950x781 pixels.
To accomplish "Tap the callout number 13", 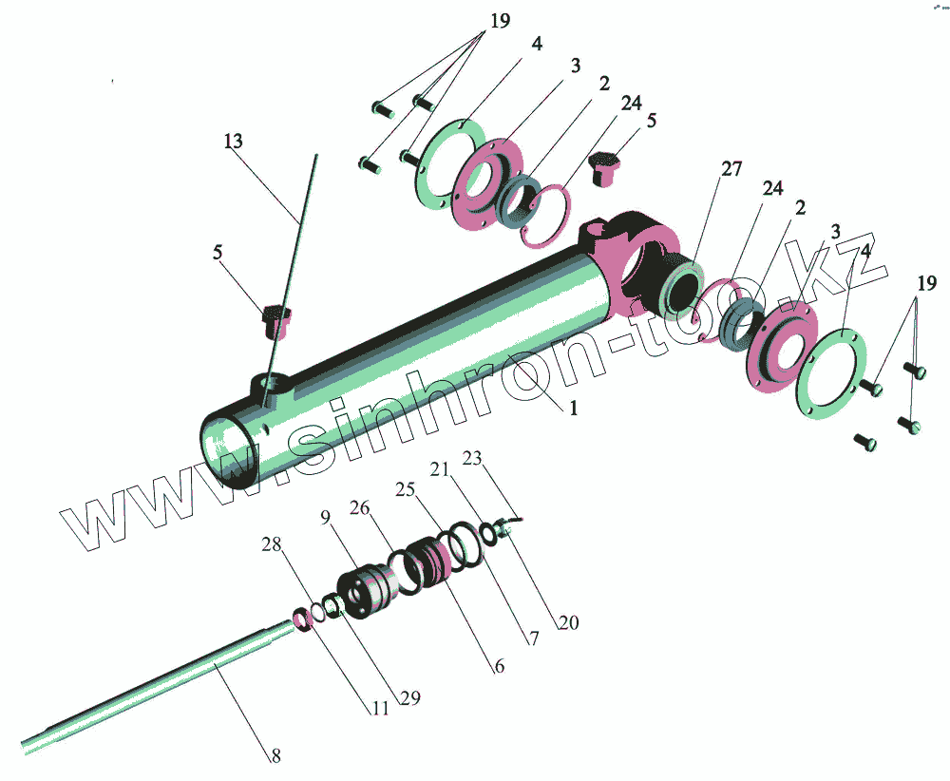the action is click(233, 142).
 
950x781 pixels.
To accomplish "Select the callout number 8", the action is click(275, 756).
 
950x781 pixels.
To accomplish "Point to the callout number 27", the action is click(731, 170).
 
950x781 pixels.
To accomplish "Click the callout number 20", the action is click(568, 623).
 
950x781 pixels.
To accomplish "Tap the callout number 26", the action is click(359, 507).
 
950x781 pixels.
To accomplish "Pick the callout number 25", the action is click(406, 489).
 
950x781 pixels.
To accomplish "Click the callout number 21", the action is click(439, 468).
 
